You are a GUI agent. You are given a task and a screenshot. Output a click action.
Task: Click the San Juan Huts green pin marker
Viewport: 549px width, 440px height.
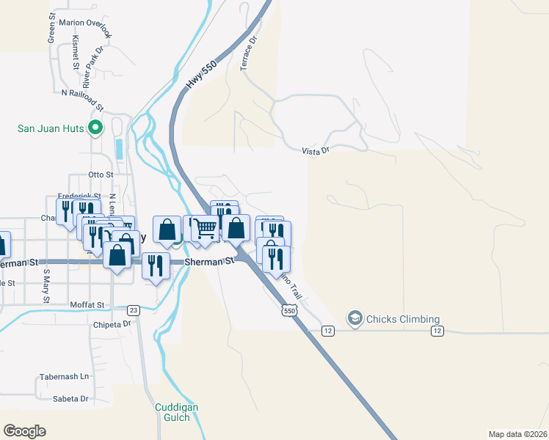95,128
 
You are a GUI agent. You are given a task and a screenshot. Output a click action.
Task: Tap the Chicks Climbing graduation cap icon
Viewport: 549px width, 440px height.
356,318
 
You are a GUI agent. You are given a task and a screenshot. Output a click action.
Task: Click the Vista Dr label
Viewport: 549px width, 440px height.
316,150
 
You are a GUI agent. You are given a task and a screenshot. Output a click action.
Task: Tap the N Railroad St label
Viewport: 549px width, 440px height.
84,93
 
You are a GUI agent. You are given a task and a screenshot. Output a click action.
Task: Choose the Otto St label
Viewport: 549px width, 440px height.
101,175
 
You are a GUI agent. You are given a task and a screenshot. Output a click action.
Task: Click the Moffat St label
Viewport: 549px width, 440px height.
87,304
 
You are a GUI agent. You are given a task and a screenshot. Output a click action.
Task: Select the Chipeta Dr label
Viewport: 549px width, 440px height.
112,323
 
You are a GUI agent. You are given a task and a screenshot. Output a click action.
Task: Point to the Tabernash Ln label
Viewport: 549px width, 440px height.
63,376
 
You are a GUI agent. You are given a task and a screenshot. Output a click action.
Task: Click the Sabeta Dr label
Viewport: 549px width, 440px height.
70,399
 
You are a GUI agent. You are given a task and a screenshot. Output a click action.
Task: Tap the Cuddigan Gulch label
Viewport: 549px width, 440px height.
172,412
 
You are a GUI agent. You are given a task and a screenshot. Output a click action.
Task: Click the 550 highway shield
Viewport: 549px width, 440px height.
288,312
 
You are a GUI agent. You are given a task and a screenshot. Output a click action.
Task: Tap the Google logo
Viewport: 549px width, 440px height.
24,431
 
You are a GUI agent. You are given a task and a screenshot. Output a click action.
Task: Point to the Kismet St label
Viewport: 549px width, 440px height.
76,54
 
